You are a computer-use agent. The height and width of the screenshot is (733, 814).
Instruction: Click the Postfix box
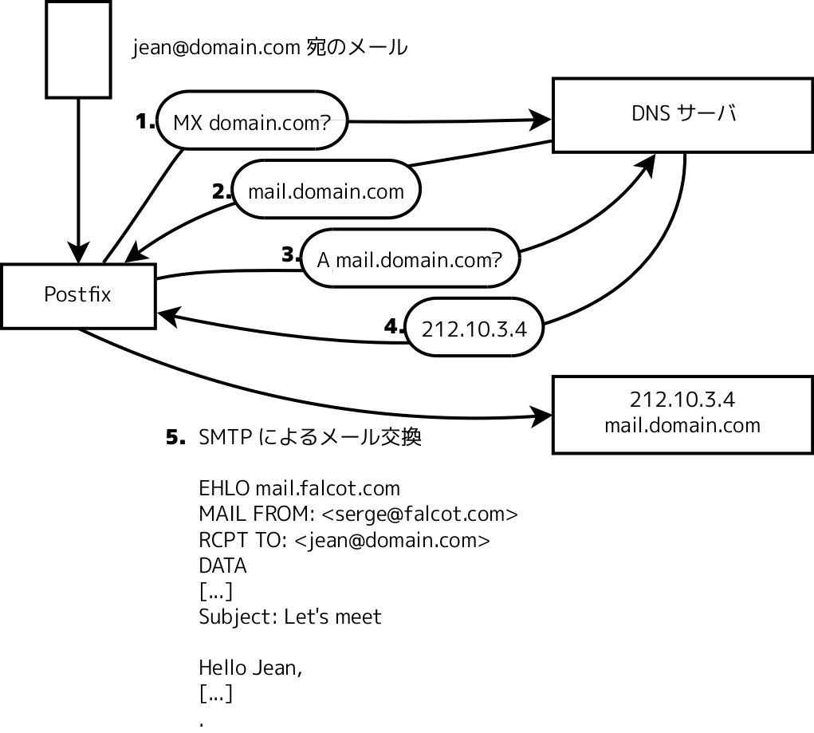tap(77, 295)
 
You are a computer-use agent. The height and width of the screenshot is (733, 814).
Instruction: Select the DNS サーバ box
tap(682, 114)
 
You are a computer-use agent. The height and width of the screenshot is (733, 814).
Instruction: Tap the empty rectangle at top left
tap(78, 49)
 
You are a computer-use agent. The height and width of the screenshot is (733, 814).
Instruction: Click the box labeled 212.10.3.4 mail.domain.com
tap(682, 412)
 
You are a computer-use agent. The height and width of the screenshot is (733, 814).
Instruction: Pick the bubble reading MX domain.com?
tap(252, 122)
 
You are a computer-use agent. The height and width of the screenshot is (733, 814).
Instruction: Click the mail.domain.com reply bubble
tap(325, 191)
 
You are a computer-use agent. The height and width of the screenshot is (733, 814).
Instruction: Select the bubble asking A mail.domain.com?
tap(410, 258)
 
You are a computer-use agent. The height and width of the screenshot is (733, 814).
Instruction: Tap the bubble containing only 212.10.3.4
tap(474, 328)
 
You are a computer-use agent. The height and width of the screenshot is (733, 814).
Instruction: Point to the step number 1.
tap(144, 121)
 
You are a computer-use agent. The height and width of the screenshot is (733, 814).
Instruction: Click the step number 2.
tap(221, 191)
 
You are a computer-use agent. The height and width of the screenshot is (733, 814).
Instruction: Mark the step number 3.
tap(290, 254)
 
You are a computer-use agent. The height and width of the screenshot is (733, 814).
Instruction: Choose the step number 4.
tap(394, 326)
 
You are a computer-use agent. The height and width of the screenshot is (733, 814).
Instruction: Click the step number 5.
tap(175, 438)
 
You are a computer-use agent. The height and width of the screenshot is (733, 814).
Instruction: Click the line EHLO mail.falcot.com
tap(299, 487)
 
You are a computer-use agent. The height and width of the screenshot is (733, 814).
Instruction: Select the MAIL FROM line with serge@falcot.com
tap(358, 514)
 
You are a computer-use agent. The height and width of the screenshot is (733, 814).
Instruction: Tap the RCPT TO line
tap(344, 540)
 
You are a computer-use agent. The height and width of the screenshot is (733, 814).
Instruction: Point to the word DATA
tap(222, 566)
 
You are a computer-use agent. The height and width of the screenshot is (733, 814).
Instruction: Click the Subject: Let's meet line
tap(289, 617)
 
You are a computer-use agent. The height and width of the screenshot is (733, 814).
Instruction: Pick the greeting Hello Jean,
tap(250, 668)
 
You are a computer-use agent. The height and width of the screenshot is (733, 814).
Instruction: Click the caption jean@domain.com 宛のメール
tap(269, 48)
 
